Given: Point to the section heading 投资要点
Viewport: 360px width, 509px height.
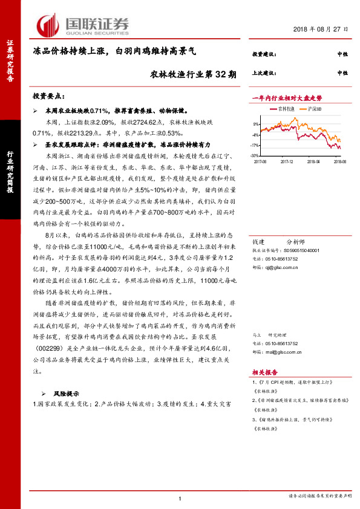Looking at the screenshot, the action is [x=48, y=97].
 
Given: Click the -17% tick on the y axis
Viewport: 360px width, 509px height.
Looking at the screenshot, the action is [x=256, y=145].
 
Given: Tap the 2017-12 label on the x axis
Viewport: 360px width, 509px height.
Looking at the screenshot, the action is [x=287, y=162].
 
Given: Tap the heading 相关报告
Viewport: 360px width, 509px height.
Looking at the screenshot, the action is [x=264, y=373].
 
